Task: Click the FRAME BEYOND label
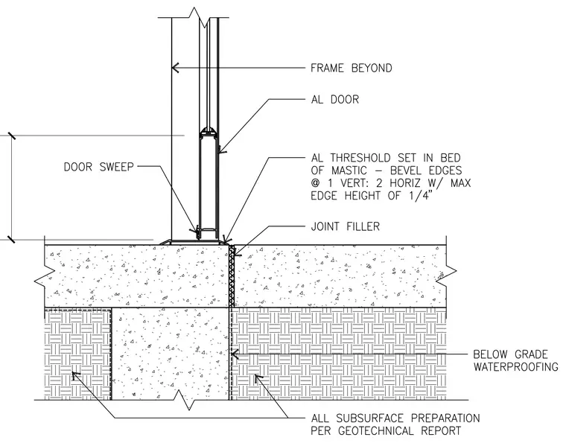pyautogui.click(x=352, y=68)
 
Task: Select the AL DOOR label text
pyautogui.click(x=335, y=99)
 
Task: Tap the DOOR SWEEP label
pyautogui.click(x=98, y=167)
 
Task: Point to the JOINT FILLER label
pyautogui.click(x=345, y=226)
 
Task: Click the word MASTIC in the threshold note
pyautogui.click(x=346, y=170)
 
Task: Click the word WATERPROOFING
pyautogui.click(x=516, y=366)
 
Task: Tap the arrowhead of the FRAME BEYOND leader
pyautogui.click(x=175, y=68)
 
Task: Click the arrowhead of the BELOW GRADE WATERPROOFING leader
pyautogui.click(x=235, y=354)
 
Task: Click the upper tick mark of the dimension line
pyautogui.click(x=12, y=136)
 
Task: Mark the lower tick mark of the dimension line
pyautogui.click(x=12, y=239)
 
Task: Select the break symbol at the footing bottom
pyautogui.click(x=188, y=401)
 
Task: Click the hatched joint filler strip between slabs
pyautogui.click(x=232, y=276)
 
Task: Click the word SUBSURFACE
pyautogui.click(x=368, y=418)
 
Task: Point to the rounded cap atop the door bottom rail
pyautogui.click(x=209, y=130)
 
